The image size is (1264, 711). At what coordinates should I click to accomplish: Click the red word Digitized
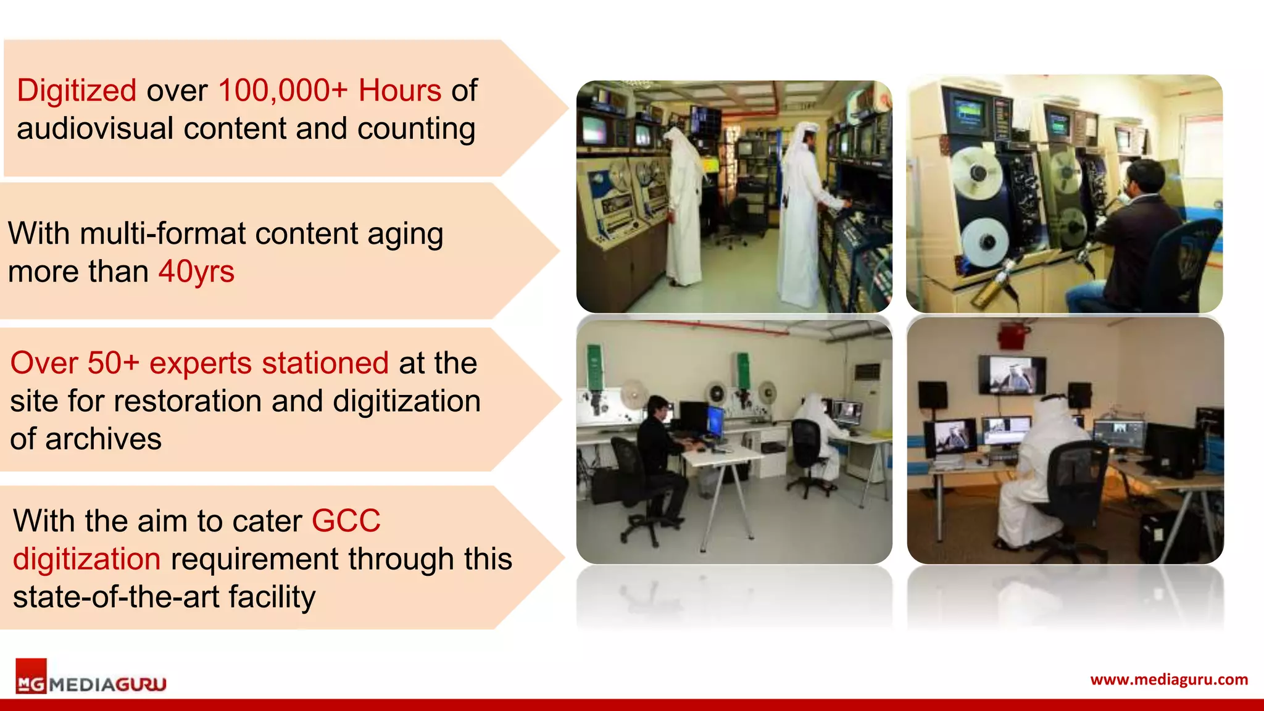pyautogui.click(x=77, y=91)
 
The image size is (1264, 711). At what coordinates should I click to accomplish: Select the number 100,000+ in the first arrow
pyautogui.click(x=283, y=91)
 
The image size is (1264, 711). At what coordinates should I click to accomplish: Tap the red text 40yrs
pyautogui.click(x=196, y=272)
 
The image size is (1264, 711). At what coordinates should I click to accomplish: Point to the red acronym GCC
pyautogui.click(x=346, y=521)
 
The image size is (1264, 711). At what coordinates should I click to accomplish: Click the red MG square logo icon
pyautogui.click(x=31, y=676)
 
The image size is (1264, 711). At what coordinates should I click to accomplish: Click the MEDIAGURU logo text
pyautogui.click(x=108, y=684)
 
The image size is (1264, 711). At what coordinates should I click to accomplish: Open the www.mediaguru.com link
pyautogui.click(x=1169, y=680)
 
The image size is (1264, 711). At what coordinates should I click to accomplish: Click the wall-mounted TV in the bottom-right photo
pyautogui.click(x=1012, y=375)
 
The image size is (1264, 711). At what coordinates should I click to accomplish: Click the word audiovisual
pyautogui.click(x=95, y=129)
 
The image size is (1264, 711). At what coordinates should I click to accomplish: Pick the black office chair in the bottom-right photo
pyautogui.click(x=1077, y=488)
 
